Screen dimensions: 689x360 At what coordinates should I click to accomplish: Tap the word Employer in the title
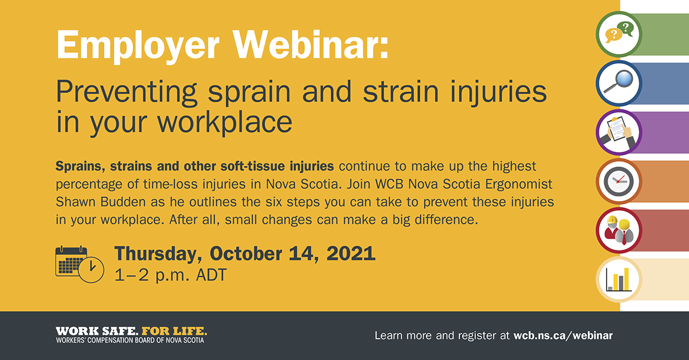click(138, 47)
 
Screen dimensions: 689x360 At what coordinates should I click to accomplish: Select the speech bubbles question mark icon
click(619, 34)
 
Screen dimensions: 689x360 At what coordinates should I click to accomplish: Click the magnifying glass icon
click(619, 83)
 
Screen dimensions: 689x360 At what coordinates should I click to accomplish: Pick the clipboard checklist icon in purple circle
click(619, 132)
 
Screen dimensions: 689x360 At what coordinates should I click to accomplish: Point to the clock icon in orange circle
click(619, 181)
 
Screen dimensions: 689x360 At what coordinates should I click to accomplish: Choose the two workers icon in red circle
click(619, 230)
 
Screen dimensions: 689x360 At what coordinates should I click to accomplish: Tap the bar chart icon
click(619, 280)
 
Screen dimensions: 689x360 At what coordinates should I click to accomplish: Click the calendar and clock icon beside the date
click(80, 264)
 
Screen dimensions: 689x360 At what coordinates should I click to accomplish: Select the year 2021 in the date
click(351, 254)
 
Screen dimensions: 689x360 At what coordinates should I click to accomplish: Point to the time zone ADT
click(211, 275)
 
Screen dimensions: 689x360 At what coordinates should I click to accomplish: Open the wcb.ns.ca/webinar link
click(563, 335)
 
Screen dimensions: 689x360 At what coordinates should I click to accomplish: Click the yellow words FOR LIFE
click(174, 331)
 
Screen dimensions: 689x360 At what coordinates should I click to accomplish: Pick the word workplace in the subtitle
click(225, 122)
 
